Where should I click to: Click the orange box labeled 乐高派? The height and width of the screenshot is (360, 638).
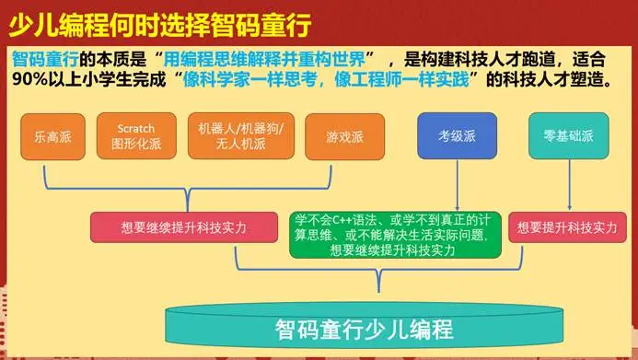click(x=52, y=136)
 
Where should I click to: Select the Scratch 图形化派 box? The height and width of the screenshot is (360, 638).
click(x=136, y=136)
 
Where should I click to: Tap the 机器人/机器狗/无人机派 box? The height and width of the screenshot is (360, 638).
click(x=241, y=136)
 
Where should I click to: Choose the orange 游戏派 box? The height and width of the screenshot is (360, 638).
click(x=344, y=136)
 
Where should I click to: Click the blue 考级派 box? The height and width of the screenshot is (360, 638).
click(x=457, y=136)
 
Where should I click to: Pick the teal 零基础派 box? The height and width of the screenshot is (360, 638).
click(x=569, y=136)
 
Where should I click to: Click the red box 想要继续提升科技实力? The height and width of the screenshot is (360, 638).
click(x=184, y=227)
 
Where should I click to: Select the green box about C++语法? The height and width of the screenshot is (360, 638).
click(x=395, y=235)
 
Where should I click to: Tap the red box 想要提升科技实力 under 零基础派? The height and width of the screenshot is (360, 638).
click(x=567, y=227)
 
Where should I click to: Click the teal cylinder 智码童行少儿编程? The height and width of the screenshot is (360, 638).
click(x=365, y=325)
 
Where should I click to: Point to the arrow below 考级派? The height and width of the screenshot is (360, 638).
click(x=458, y=185)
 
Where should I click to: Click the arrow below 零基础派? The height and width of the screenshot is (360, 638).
click(x=569, y=185)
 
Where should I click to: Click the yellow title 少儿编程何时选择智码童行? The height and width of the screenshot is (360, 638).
click(x=160, y=25)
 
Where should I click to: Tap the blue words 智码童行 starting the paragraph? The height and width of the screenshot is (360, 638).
click(x=45, y=60)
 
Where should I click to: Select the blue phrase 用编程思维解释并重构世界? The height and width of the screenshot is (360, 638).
click(x=264, y=60)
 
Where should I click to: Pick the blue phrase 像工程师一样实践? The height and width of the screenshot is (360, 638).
click(x=401, y=79)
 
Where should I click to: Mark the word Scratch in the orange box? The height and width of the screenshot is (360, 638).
click(x=136, y=129)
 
